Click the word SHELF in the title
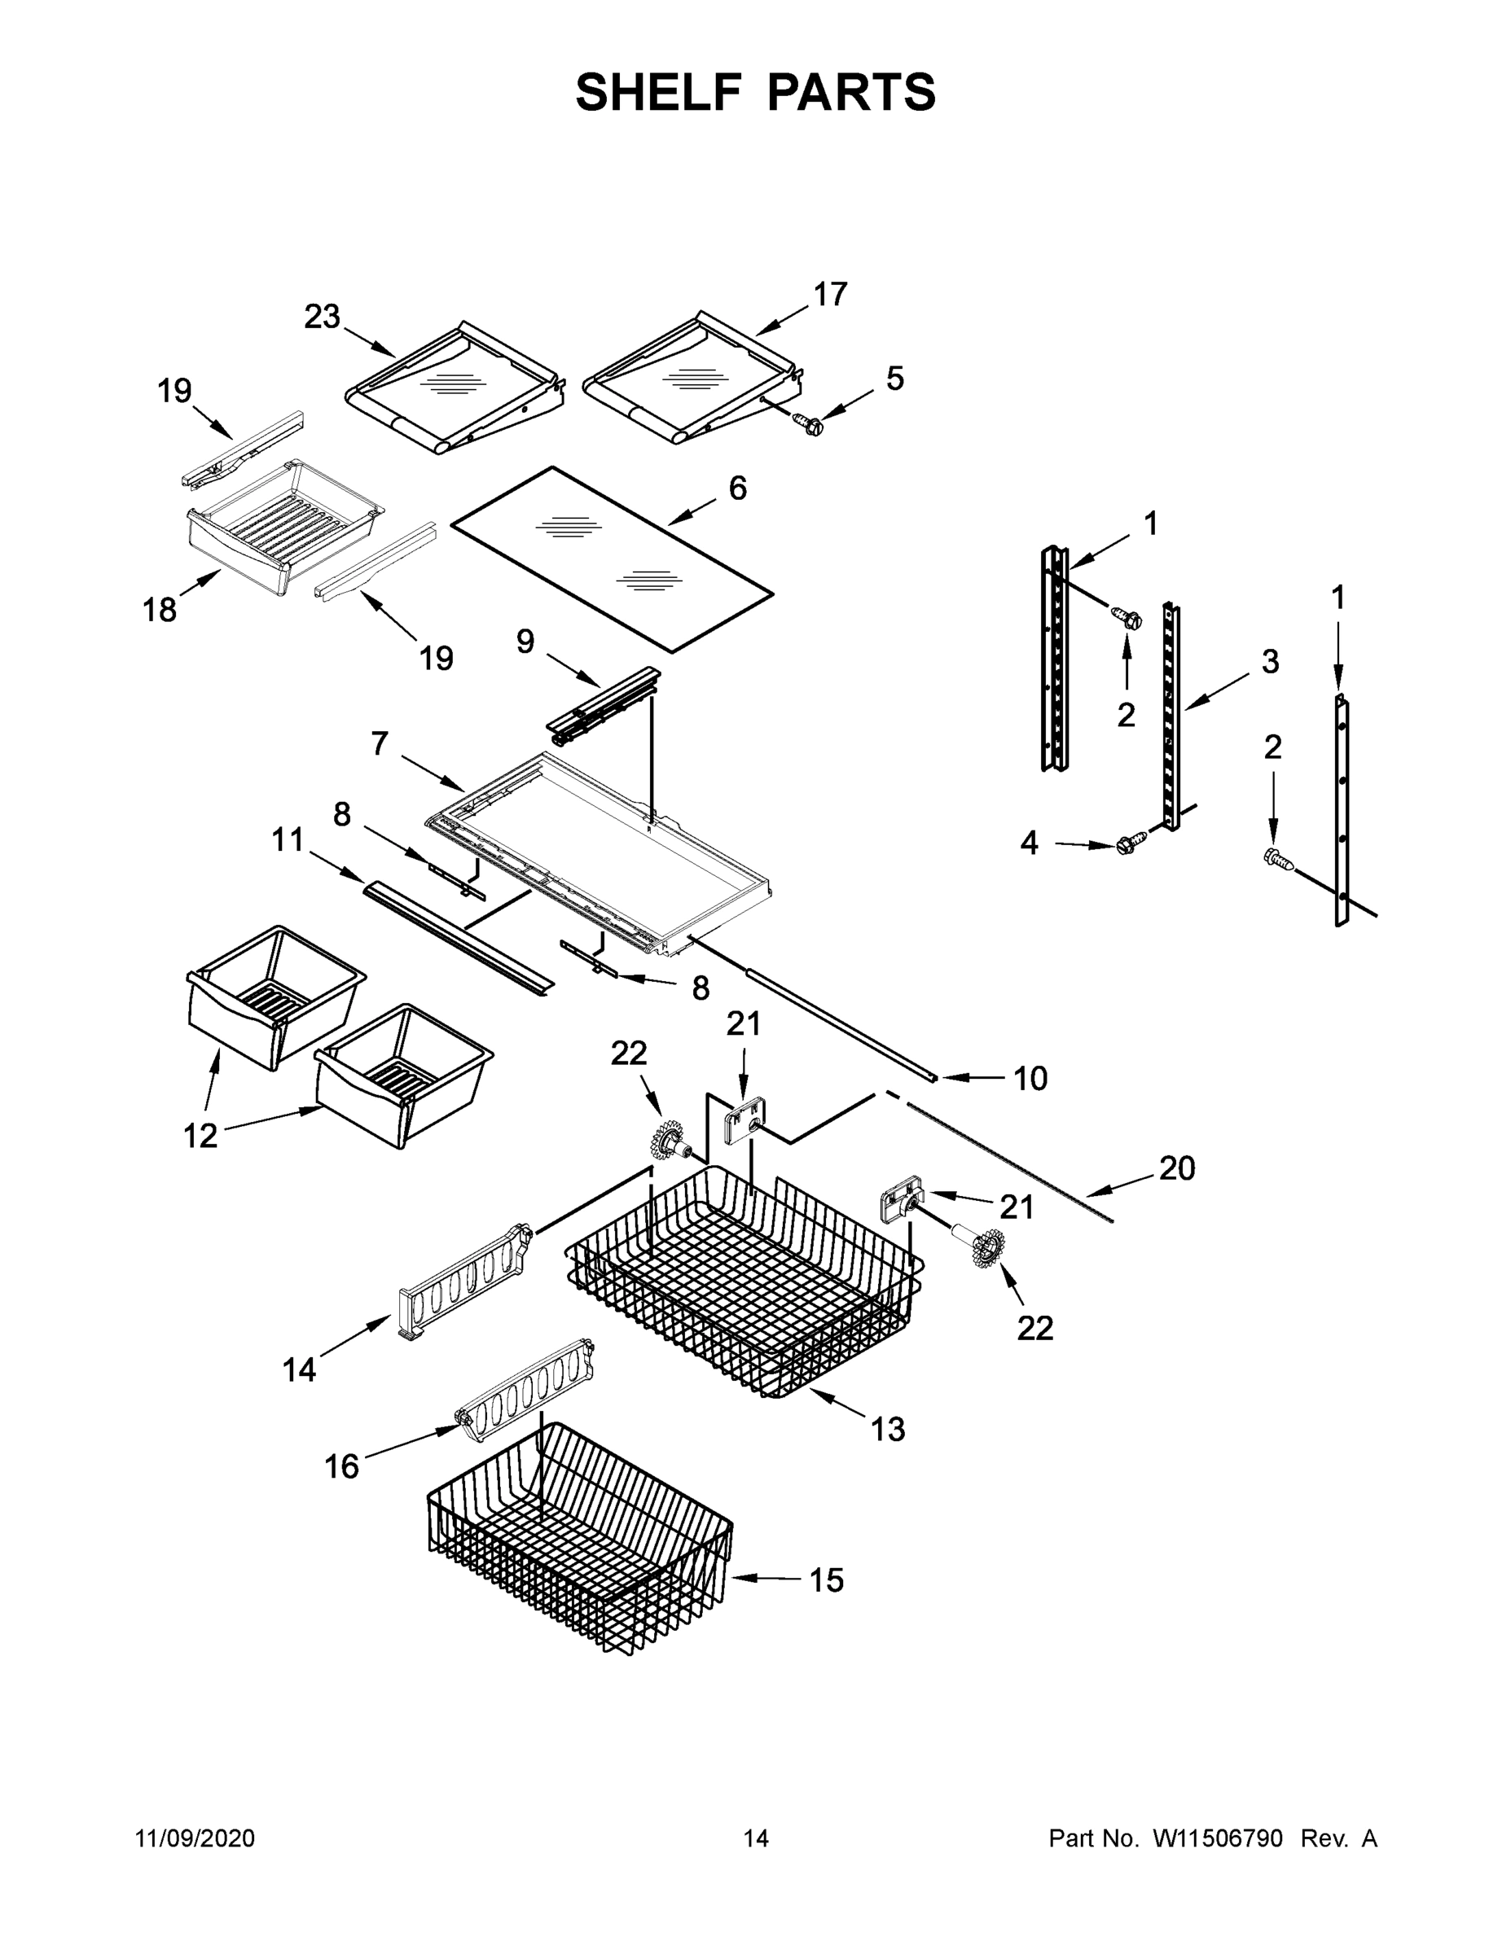[658, 92]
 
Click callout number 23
[323, 317]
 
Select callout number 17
[830, 295]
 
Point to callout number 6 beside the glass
[738, 488]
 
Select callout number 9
[525, 641]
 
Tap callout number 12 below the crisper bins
[200, 1136]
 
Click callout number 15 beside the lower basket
[826, 1581]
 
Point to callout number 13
[888, 1430]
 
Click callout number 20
[1177, 1168]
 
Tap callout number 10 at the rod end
[1030, 1079]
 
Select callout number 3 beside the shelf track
[1270, 662]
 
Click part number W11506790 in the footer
[1218, 1838]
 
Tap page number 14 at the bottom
[756, 1838]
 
